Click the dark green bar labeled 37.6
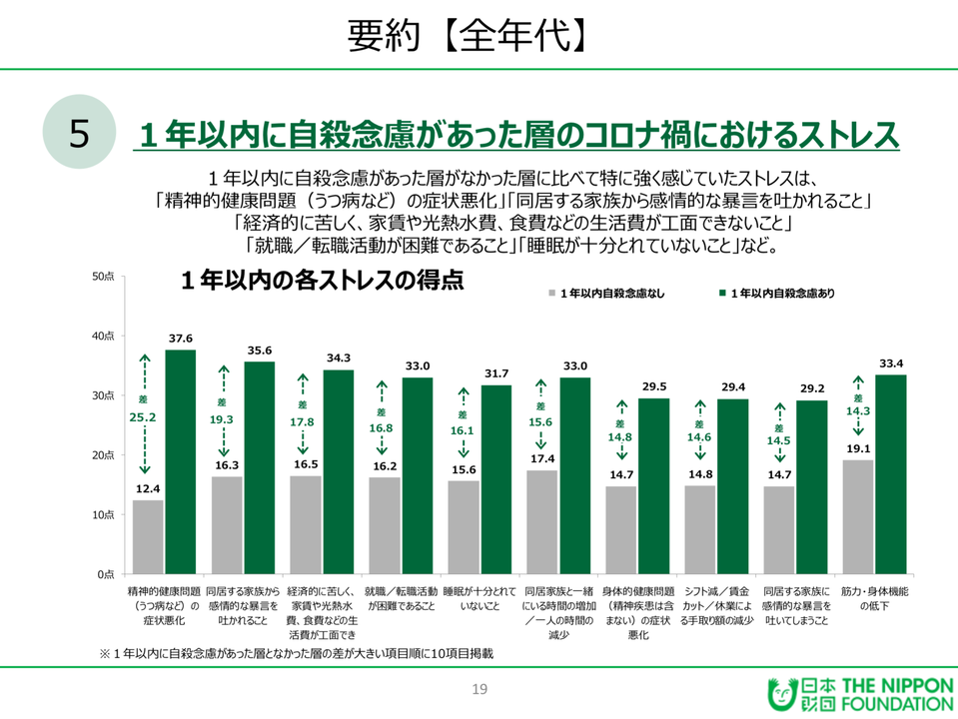click(x=181, y=461)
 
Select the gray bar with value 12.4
click(x=148, y=536)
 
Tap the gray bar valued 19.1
click(x=857, y=516)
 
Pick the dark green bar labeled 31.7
click(x=496, y=479)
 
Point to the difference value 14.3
click(x=857, y=410)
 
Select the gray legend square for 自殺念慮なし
click(x=550, y=294)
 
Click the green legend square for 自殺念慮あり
click(x=721, y=294)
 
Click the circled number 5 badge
click(x=80, y=134)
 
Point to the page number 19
click(x=479, y=689)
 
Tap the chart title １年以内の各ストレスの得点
click(x=322, y=282)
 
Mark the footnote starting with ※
click(x=296, y=654)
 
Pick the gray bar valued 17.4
click(x=541, y=521)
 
